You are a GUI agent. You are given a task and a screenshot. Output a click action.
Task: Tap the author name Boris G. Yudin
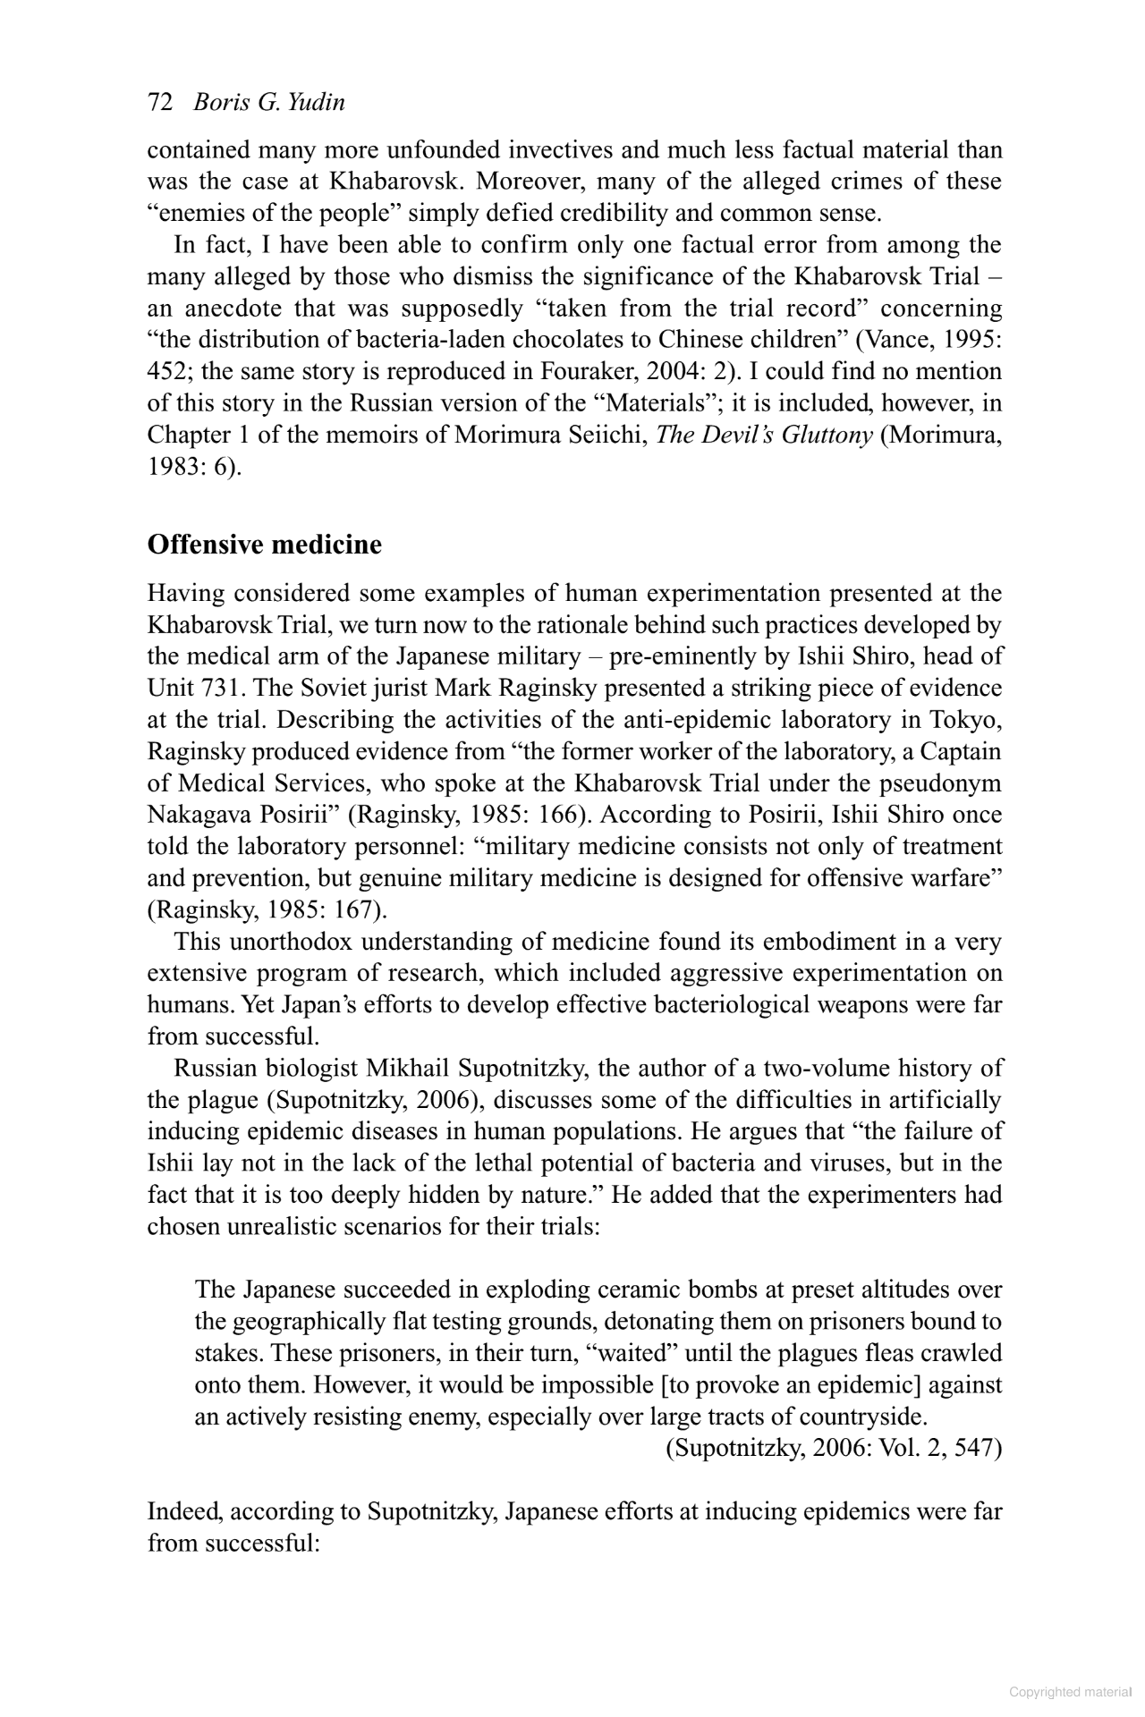coord(269,103)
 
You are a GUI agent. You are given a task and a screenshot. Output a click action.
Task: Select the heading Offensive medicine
coord(264,545)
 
